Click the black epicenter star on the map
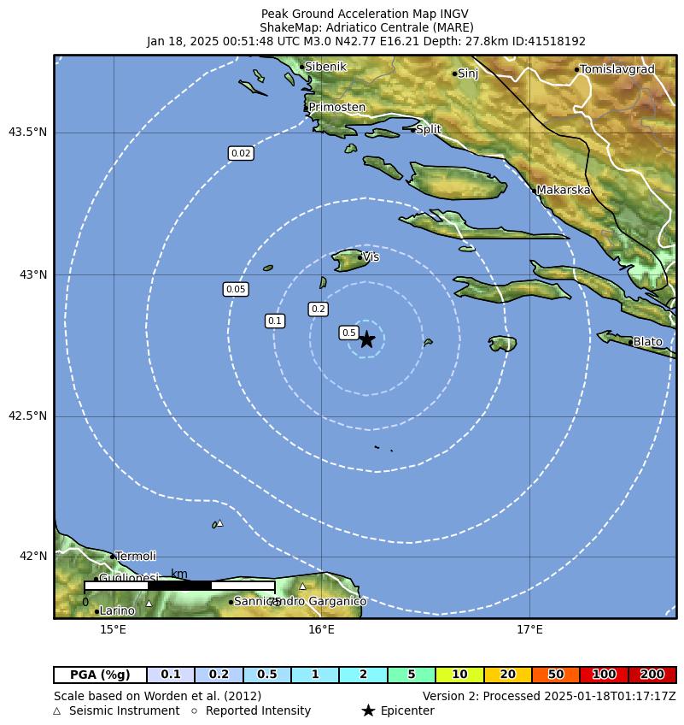coord(366,339)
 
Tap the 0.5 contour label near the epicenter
coord(348,333)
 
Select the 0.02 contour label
coord(241,153)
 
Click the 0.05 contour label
coord(236,289)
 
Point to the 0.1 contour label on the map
coord(274,321)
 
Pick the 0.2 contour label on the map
coord(319,309)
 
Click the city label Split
coord(428,129)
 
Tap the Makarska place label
coord(563,190)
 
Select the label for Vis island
coord(371,256)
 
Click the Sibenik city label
coord(325,66)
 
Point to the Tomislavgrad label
coord(617,69)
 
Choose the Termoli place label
coord(135,556)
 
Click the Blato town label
coord(647,342)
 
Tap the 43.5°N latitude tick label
coord(28,132)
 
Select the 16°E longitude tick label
coord(321,630)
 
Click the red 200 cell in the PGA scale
coord(652,675)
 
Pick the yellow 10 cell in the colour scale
coord(459,675)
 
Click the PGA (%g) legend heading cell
coord(100,675)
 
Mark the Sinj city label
coord(468,74)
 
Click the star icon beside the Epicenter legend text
coord(368,710)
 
